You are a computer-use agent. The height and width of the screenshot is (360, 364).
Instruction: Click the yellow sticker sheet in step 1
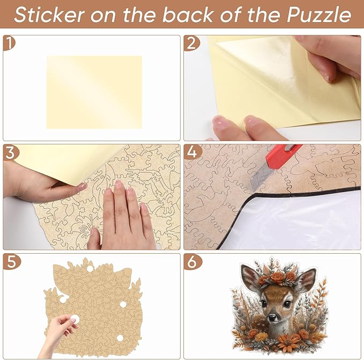click(94, 92)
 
